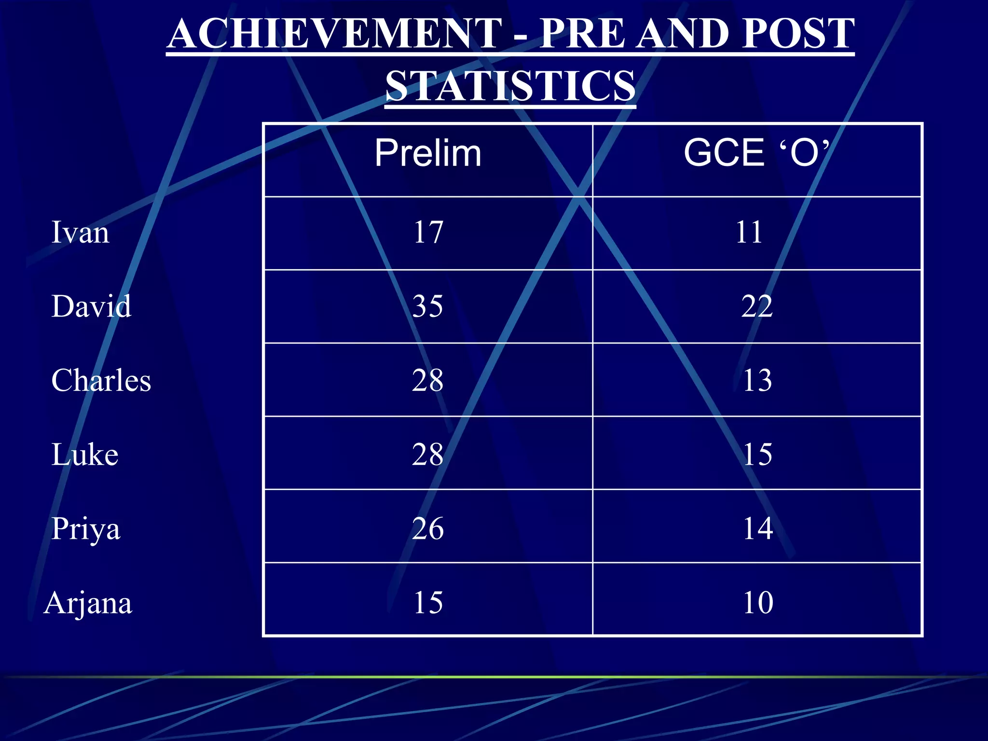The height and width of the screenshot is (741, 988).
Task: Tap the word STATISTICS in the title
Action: click(510, 86)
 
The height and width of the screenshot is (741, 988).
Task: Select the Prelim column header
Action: click(428, 153)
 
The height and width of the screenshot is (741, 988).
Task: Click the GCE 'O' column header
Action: click(756, 153)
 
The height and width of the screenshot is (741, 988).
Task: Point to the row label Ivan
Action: click(80, 233)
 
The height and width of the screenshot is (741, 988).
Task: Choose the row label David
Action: click(91, 306)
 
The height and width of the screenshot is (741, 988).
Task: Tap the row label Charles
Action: click(101, 380)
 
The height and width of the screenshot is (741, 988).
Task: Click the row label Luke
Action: click(85, 454)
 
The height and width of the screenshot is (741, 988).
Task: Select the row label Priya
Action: click(86, 529)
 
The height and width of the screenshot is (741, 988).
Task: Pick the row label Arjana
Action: click(88, 603)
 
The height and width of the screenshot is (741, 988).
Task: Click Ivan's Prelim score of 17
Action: click(428, 233)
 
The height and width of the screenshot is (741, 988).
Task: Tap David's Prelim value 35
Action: click(427, 306)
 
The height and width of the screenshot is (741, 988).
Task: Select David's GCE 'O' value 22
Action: click(757, 306)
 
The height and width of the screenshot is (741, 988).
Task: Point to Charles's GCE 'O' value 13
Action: click(757, 380)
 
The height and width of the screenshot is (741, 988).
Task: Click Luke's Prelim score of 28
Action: click(427, 454)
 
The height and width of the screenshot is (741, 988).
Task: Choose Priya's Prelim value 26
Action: click(428, 529)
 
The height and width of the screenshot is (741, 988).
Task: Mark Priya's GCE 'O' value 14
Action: click(758, 529)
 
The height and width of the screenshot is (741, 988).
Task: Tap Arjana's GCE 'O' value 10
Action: click(758, 603)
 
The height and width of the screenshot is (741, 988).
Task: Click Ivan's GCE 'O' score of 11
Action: click(749, 233)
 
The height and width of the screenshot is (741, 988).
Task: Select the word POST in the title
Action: click(798, 34)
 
